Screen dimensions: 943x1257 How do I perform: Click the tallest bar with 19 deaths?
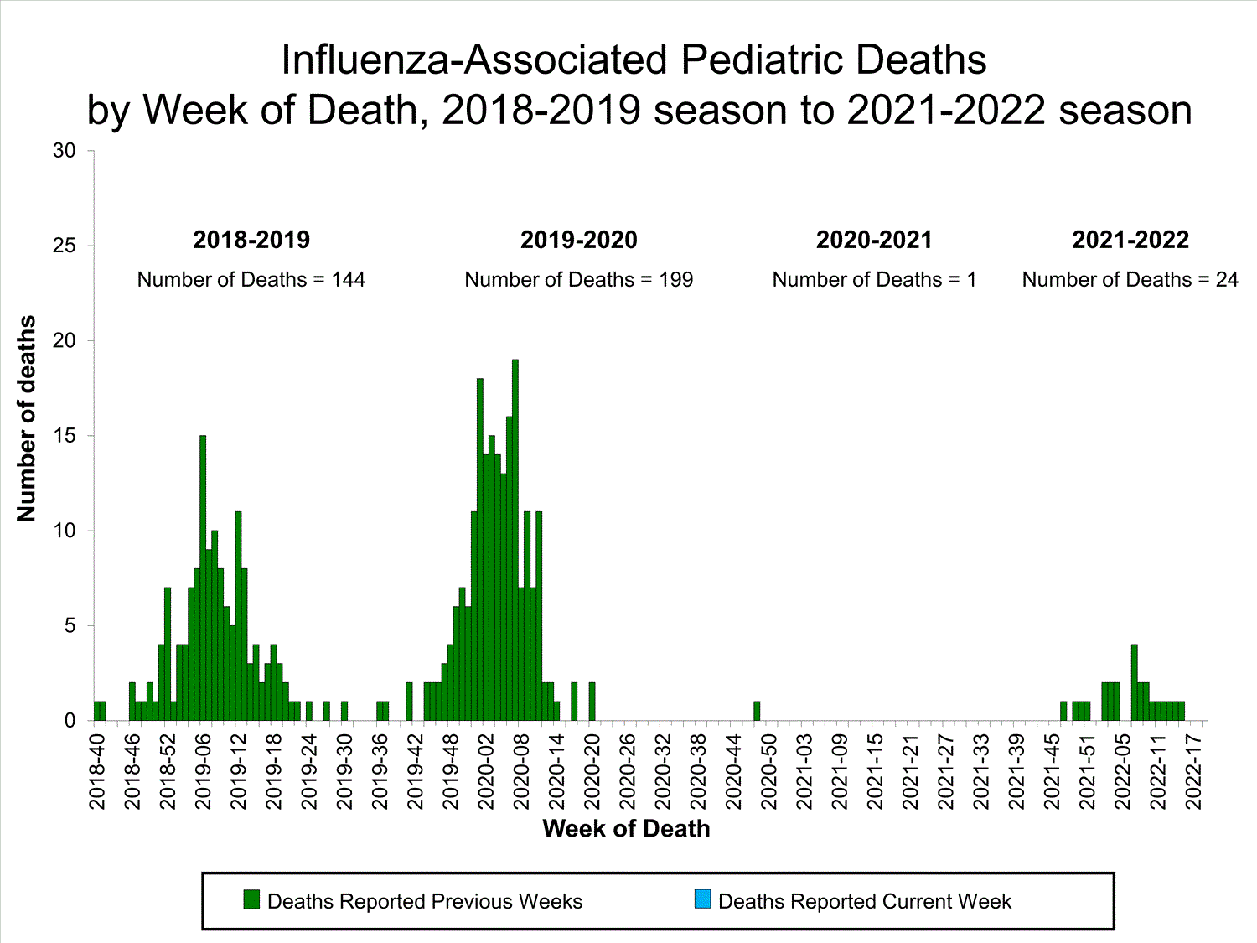515,541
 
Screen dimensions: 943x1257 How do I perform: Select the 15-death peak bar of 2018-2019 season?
203,578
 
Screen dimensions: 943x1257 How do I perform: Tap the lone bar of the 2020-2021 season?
757,711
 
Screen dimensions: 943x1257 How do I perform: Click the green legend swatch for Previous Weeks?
251,899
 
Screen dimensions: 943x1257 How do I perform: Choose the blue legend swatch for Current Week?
702,899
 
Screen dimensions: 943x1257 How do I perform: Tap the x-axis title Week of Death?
626,829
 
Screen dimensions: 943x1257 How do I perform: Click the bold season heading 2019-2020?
578,240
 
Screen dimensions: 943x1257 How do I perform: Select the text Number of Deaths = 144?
251,280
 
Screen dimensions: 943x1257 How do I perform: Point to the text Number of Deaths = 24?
1130,280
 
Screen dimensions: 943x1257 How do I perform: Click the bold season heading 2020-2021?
874,240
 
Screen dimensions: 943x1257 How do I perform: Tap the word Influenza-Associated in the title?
474,60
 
